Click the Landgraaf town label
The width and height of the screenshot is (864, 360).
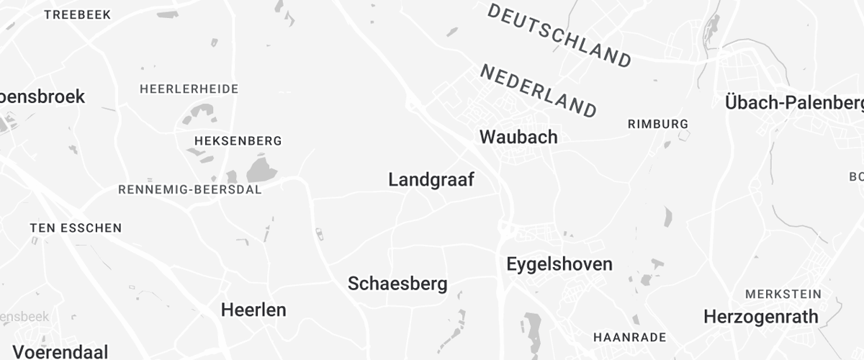(431, 180)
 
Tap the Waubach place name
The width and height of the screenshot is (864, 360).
(518, 137)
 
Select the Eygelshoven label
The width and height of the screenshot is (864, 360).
(559, 264)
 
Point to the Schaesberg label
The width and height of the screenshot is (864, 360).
(397, 284)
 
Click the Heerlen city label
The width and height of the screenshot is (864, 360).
(253, 310)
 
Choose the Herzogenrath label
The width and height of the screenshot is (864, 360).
(761, 317)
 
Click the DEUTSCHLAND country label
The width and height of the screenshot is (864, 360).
(559, 35)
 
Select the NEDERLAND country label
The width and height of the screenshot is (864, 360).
(539, 91)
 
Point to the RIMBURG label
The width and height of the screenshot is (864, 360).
(658, 124)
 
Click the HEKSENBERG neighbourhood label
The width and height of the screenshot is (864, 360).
(238, 140)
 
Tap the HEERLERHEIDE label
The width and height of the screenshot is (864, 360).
(189, 89)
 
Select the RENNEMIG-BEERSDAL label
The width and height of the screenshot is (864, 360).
(190, 189)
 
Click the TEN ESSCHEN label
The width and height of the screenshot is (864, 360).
(76, 228)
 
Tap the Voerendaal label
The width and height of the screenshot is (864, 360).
(60, 352)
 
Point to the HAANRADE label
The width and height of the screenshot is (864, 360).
(629, 337)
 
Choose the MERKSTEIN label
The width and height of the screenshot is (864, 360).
(783, 294)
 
